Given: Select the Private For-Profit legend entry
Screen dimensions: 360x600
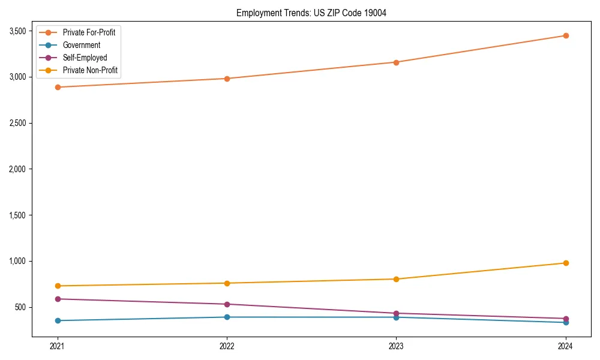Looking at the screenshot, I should [89, 32].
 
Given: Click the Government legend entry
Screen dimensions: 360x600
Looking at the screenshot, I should [82, 45].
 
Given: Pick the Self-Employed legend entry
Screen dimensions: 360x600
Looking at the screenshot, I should [85, 58].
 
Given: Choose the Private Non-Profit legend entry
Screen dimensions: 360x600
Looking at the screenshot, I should [90, 71].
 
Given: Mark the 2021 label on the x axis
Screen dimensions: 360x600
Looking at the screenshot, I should [58, 346].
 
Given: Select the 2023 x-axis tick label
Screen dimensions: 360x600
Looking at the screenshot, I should [396, 346].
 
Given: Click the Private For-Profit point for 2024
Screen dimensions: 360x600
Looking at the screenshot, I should [565, 35].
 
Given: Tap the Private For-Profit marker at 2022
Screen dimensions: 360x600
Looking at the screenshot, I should [227, 79].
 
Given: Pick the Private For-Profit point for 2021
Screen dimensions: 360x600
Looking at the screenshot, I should [58, 87].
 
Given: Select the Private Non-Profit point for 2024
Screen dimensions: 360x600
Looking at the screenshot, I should [565, 263].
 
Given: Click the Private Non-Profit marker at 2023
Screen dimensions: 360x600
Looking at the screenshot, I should [396, 279].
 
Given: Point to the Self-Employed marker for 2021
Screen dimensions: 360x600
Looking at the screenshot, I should [58, 299].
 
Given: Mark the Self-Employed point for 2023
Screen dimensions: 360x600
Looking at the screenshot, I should [396, 313].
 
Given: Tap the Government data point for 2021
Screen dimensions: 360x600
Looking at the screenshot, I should [58, 320].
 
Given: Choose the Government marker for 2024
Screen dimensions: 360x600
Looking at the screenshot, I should [565, 322].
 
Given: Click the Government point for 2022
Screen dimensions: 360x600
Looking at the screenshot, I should [227, 317].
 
